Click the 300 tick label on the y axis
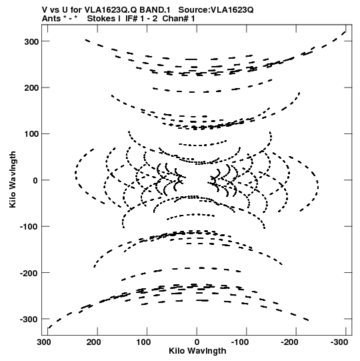point(31,42)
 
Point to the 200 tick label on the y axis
point(31,88)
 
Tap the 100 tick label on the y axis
point(31,134)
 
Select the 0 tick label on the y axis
point(35,180)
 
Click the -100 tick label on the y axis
point(29,227)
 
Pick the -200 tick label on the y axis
point(29,274)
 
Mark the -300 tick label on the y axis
point(29,320)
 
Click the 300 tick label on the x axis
point(44,342)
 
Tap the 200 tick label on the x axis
point(93,342)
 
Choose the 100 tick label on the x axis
point(143,342)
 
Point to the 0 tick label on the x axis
point(197,342)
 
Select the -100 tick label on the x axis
point(240,342)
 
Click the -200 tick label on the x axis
point(289,342)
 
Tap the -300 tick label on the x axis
point(339,342)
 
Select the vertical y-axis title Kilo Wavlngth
point(13,179)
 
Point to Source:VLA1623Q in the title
point(216,10)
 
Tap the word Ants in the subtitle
point(51,19)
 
